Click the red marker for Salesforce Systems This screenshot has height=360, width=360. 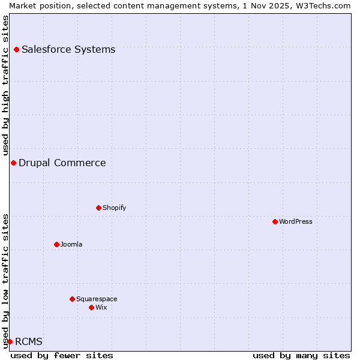coord(16,49)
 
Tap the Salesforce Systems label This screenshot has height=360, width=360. coord(68,49)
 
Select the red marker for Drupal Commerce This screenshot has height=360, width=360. coord(13,163)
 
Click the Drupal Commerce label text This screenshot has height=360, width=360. coord(62,163)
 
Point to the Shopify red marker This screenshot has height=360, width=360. coord(98,208)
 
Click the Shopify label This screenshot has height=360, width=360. coord(114,208)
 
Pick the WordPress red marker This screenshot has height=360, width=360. coord(275,221)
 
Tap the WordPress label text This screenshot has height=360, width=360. coord(296,221)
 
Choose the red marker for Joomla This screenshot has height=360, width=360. coord(56,244)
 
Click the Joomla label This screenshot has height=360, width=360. coord(71,244)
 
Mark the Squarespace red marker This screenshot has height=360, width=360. coord(72,299)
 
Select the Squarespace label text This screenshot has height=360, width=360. coord(97,299)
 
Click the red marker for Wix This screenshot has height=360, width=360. coord(91,307)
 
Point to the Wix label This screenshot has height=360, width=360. coord(101,307)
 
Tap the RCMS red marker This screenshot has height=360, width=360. coord(10,341)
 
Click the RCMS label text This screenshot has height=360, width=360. coord(29,341)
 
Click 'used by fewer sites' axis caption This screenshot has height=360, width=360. coord(62,355)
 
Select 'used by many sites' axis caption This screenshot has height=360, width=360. coord(301,355)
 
